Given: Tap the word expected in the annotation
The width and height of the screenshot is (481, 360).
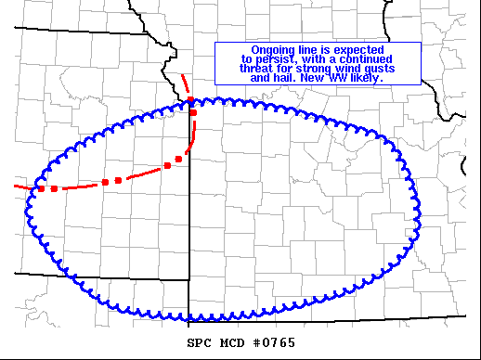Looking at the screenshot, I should point(358,49).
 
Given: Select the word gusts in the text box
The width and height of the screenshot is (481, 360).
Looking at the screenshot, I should point(383,69).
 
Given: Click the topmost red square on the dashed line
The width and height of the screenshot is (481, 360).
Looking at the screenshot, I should point(190,100).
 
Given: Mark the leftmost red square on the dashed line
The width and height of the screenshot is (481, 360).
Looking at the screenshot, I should point(40,188).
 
